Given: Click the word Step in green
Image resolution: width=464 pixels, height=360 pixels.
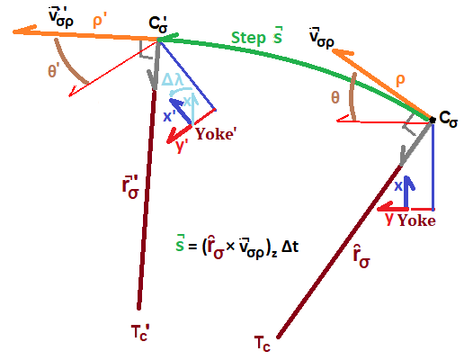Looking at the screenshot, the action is (x=248, y=39).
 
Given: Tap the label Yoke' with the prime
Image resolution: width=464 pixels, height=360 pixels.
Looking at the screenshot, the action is (x=215, y=134).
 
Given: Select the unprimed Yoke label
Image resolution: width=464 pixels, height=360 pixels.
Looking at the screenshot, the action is (x=416, y=220).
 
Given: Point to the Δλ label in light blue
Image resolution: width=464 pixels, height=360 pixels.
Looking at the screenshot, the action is (x=172, y=80).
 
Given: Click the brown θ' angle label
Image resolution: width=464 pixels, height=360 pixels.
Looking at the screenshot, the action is (x=52, y=71).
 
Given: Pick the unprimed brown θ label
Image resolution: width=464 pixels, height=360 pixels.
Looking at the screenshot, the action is (x=335, y=97).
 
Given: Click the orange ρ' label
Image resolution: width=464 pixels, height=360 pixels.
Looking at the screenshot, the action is (x=100, y=21).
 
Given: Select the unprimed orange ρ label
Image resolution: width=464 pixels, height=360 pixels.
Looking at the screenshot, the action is (x=400, y=80).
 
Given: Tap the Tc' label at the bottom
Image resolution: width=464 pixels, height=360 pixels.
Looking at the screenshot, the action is (x=140, y=332).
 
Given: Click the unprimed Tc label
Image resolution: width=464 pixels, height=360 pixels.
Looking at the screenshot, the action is (x=263, y=344).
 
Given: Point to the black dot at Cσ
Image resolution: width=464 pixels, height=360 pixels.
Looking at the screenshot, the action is (x=433, y=120).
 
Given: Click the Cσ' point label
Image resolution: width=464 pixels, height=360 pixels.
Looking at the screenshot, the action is (x=158, y=25).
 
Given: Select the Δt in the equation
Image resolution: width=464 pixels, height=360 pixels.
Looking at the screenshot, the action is (x=290, y=247).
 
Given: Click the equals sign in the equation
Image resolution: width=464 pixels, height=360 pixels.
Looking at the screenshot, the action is (x=192, y=247).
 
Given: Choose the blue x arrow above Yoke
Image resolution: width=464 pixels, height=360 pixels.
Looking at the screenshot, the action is (x=408, y=192).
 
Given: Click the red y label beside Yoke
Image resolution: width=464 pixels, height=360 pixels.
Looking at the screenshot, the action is (x=388, y=219).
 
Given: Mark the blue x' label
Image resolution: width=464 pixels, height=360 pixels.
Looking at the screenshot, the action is (x=169, y=116).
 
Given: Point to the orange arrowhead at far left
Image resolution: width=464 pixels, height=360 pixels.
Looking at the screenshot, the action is (x=24, y=30).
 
